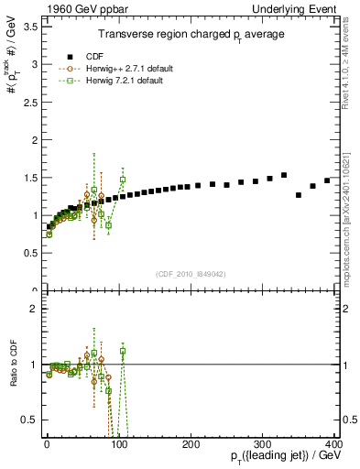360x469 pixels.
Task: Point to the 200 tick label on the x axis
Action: click(x=191, y=443)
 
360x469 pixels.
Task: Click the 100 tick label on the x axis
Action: click(x=118, y=443)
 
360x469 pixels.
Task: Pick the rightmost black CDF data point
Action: click(x=327, y=180)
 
